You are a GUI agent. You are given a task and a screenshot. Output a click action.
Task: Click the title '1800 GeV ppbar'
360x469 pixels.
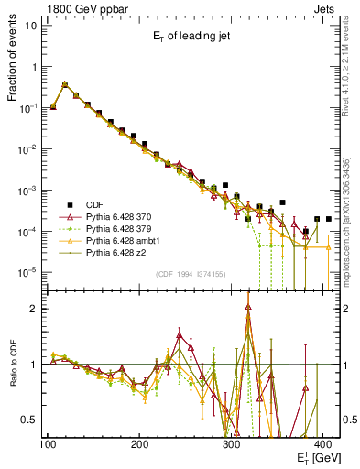click(82, 7)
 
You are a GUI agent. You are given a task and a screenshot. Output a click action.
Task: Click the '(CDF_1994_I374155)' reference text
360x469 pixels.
click(193, 275)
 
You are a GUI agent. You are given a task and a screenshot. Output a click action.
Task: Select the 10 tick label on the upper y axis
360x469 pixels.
click(31, 26)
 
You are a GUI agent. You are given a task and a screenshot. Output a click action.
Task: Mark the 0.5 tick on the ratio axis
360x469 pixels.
click(29, 420)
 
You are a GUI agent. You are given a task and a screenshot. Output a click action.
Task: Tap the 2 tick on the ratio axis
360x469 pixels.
click(34, 309)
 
